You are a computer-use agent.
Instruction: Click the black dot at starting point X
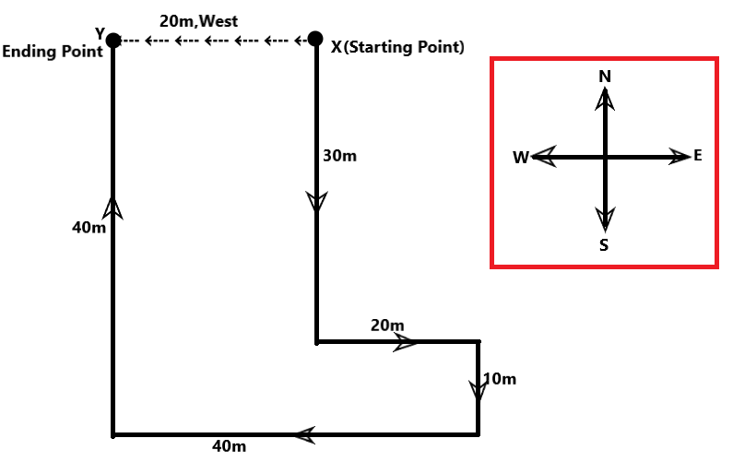[315, 39]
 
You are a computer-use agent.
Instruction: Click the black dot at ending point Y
[113, 40]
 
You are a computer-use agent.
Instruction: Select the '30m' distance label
[339, 156]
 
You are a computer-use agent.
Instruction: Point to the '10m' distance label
[499, 378]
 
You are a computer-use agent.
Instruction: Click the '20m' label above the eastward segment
[387, 326]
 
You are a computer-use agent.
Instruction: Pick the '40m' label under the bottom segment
[230, 447]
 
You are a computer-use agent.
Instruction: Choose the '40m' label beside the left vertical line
[89, 227]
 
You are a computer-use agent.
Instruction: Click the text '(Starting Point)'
[404, 46]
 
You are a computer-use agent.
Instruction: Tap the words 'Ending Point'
[53, 52]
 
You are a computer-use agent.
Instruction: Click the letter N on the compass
[605, 77]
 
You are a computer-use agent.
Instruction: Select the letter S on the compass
[604, 244]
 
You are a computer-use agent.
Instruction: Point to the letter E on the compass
[697, 155]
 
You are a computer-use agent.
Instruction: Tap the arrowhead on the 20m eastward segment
[406, 342]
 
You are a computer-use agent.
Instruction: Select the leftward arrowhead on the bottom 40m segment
[305, 433]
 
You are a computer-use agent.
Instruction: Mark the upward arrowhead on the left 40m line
[113, 207]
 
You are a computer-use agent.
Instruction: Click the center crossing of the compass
[605, 158]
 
